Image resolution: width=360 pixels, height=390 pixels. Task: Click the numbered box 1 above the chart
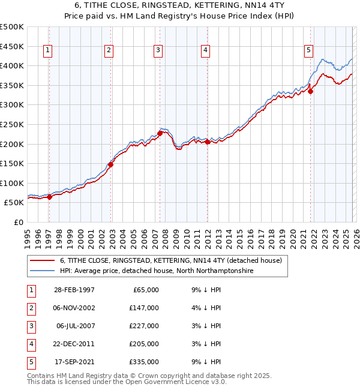(x=47, y=51)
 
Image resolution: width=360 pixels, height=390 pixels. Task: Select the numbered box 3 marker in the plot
(x=157, y=51)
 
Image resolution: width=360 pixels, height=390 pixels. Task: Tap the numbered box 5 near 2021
(x=308, y=51)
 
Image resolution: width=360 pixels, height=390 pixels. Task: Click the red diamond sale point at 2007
(x=160, y=133)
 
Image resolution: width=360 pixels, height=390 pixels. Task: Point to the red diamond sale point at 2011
(x=207, y=142)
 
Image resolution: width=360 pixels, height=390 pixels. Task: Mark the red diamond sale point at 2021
(x=311, y=91)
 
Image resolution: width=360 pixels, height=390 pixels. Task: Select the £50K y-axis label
(x=14, y=203)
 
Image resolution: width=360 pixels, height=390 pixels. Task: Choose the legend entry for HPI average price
(x=156, y=271)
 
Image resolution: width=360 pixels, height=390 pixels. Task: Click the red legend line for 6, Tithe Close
(x=43, y=260)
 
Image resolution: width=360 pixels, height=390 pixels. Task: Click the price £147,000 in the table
(x=143, y=308)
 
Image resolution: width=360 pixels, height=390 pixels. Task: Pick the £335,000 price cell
(x=143, y=362)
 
